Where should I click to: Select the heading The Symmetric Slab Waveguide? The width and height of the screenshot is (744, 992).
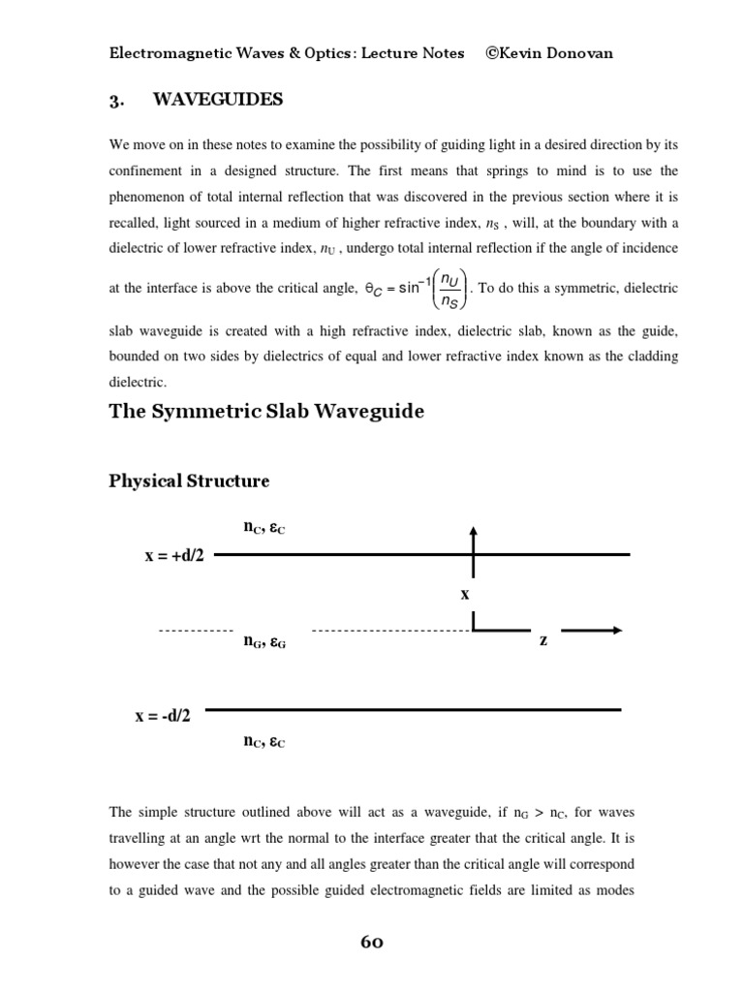click(266, 412)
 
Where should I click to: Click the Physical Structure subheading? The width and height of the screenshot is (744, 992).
click(189, 481)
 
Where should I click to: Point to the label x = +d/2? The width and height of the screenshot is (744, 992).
click(173, 556)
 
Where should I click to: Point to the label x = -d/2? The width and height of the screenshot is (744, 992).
click(163, 716)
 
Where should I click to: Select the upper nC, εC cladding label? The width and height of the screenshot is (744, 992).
click(263, 528)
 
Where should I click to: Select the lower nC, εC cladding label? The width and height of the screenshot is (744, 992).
click(263, 743)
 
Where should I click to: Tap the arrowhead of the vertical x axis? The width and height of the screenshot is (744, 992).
click(473, 532)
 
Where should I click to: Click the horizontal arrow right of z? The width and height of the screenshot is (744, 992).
click(592, 631)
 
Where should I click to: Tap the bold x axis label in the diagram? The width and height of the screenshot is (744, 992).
click(465, 592)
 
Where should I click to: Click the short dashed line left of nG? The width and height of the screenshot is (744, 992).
click(196, 631)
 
